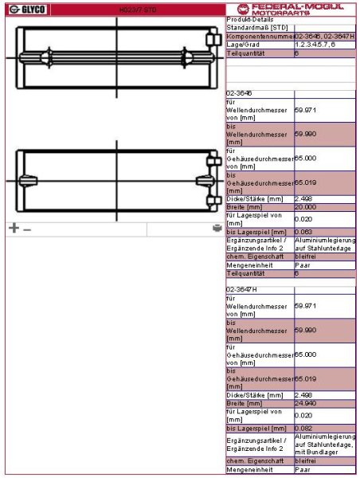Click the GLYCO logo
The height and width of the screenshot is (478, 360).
[x=27, y=9]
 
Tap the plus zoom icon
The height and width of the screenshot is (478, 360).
[x=13, y=228]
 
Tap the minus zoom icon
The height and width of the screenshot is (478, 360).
[x=27, y=229]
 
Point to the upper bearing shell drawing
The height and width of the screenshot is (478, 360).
[x=114, y=58]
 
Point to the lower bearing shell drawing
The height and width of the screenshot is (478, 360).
[x=114, y=178]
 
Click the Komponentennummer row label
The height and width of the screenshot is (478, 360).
[x=260, y=37]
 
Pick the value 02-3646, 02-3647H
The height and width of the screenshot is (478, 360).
[x=324, y=37]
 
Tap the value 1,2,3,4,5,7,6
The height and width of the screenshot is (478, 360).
[x=315, y=45]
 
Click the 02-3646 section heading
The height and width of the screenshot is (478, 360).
[x=240, y=93]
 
